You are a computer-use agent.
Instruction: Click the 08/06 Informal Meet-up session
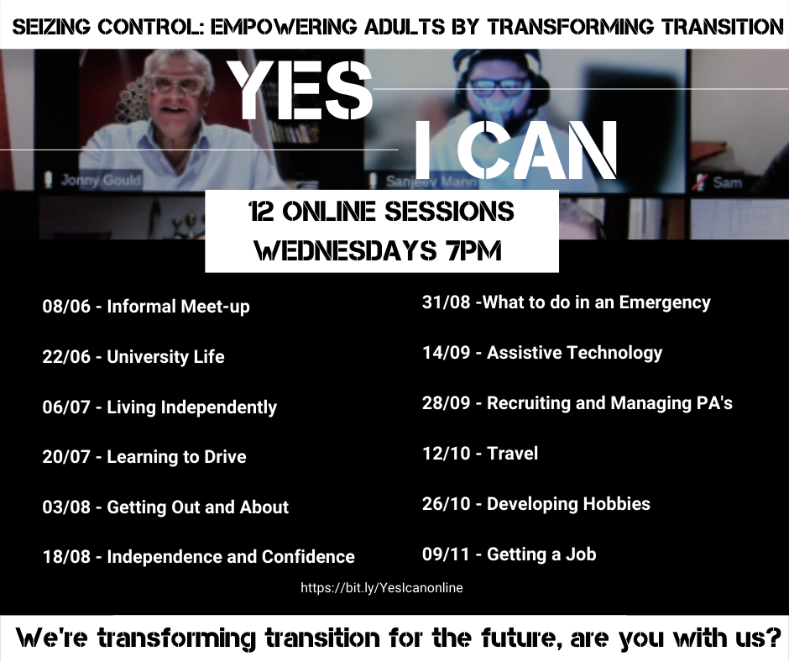tap(146, 307)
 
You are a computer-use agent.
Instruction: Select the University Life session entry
tap(133, 357)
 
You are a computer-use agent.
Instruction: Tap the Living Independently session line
tap(159, 407)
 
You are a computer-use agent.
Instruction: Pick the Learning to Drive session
tap(144, 457)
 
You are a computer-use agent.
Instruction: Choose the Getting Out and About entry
tap(165, 507)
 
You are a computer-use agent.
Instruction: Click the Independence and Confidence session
tap(199, 557)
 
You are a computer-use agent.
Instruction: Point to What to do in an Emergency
tap(566, 302)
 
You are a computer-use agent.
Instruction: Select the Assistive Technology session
tap(542, 353)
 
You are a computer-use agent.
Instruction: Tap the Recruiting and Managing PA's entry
tap(577, 403)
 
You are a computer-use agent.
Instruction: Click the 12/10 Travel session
tap(480, 454)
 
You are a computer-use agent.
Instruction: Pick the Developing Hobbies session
tap(536, 504)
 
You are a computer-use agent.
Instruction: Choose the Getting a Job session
tap(509, 554)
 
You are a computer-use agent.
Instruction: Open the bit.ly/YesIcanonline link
tap(382, 588)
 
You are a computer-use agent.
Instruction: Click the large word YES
tap(300, 90)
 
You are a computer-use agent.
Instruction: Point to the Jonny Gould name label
tap(101, 180)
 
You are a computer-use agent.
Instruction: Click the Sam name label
tap(727, 181)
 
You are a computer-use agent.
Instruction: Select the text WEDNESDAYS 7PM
tap(379, 250)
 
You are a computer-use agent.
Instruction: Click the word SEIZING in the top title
tap(51, 27)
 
